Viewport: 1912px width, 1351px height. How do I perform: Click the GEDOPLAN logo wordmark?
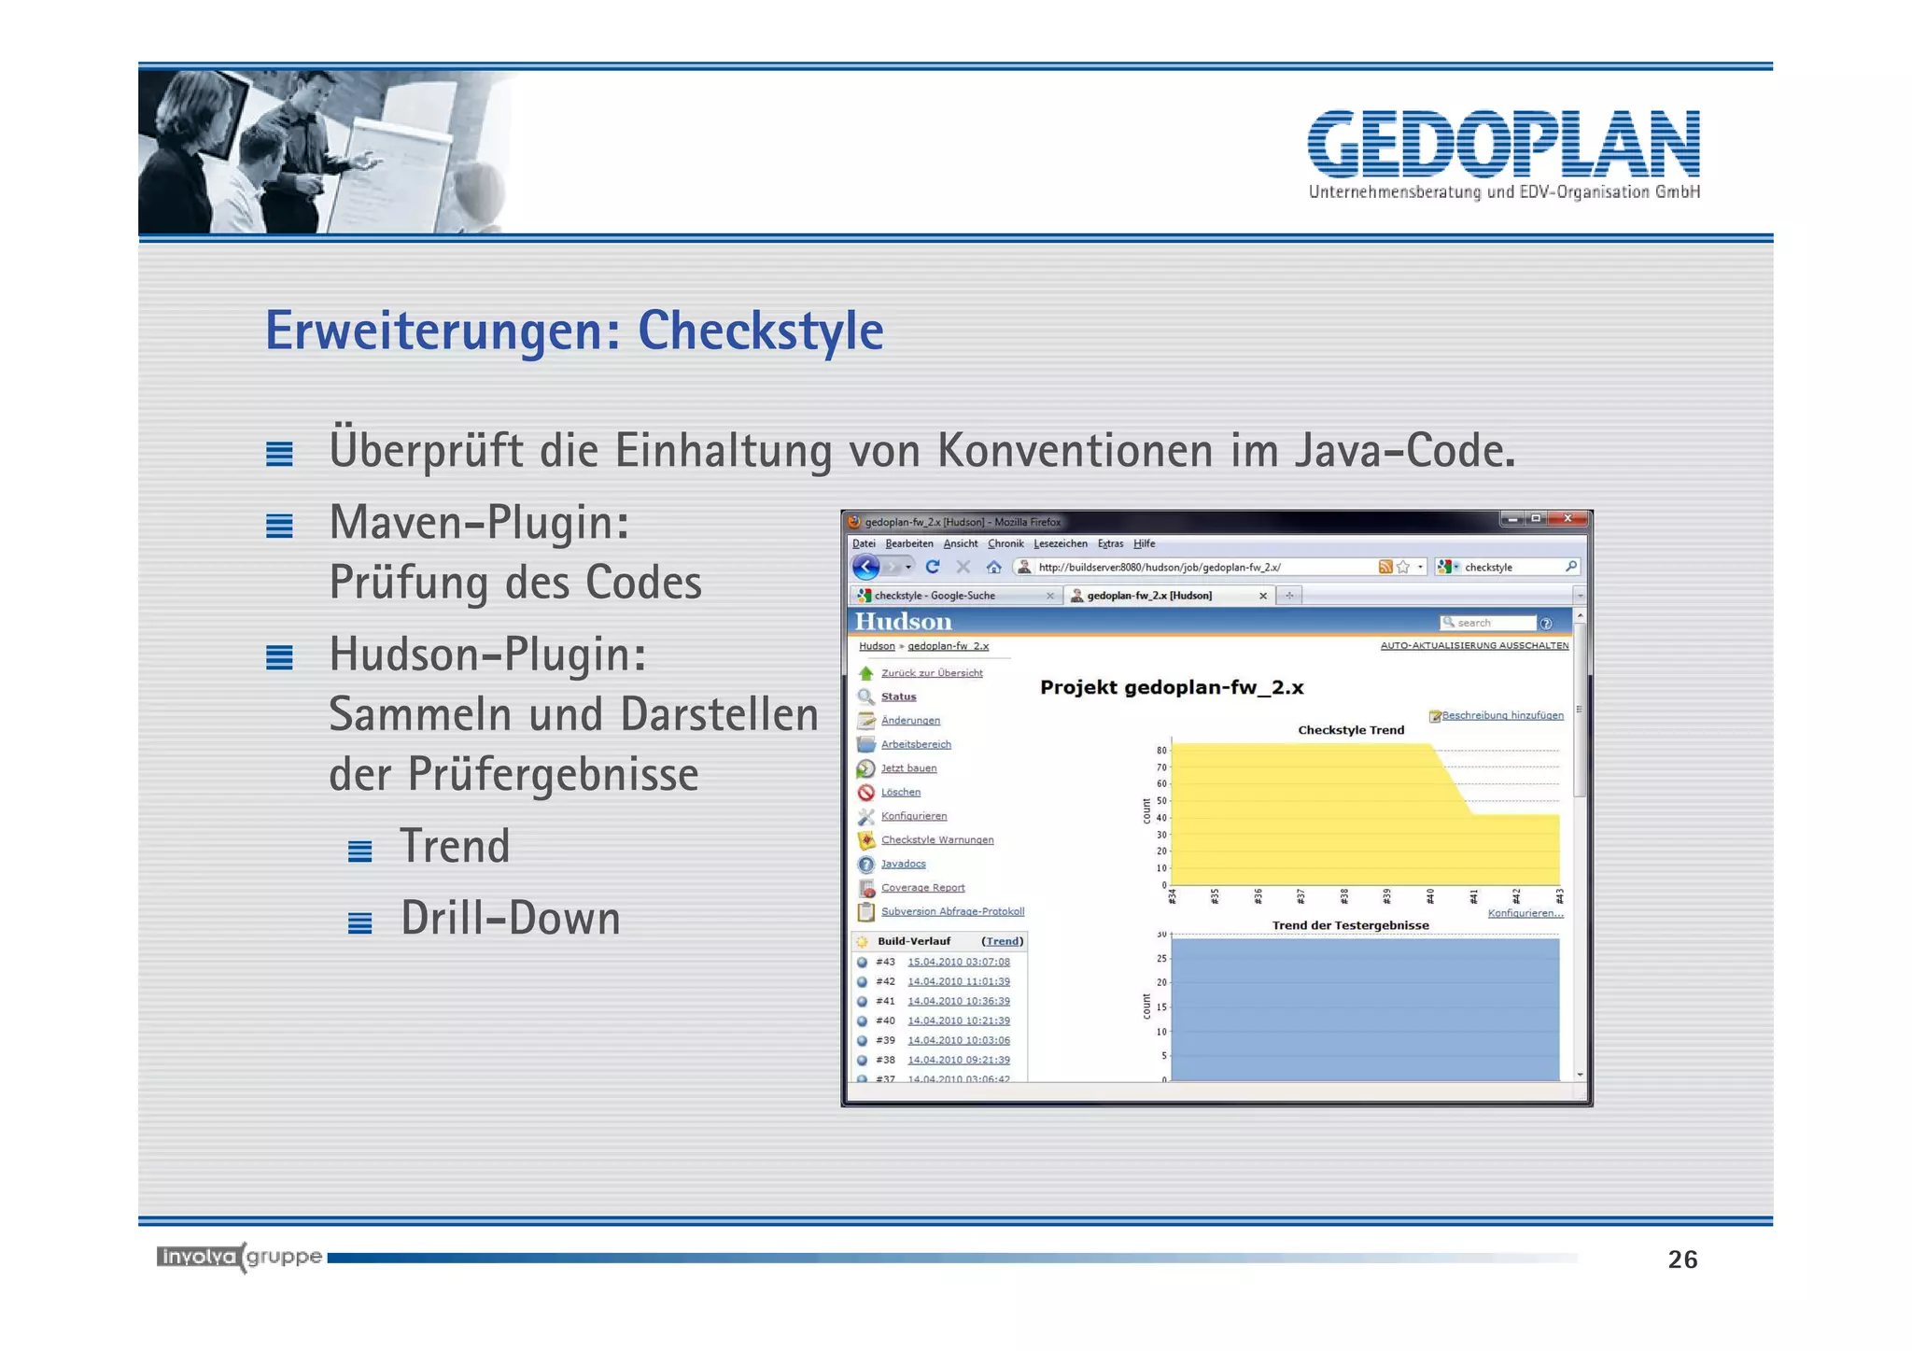pos(1503,145)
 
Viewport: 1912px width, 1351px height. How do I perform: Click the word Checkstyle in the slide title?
pos(760,331)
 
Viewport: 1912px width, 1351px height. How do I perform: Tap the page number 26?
pos(1682,1260)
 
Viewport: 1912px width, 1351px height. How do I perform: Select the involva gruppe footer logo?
pos(239,1257)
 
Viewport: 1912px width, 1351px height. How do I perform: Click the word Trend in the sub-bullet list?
pos(455,847)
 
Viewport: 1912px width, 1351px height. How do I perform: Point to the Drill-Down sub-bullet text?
pos(511,919)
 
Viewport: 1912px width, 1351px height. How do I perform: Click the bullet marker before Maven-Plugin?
pos(279,527)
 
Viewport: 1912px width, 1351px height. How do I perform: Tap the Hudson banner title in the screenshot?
pos(903,622)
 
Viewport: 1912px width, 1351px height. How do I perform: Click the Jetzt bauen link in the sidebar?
pos(908,768)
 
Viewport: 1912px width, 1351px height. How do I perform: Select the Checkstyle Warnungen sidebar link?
pos(936,840)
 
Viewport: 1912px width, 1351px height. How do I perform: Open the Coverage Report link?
pos(922,888)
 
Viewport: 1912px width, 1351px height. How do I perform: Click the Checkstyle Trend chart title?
pos(1350,730)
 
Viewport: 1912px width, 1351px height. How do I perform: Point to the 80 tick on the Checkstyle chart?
pos(1161,751)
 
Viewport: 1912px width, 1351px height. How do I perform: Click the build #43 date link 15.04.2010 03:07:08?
pos(958,962)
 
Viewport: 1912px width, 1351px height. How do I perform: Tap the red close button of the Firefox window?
pos(1568,519)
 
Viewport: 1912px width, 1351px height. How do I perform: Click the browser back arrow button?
pos(866,567)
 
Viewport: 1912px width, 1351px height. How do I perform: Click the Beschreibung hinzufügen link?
pos(1501,716)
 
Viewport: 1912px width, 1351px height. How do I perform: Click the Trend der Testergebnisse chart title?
pos(1350,925)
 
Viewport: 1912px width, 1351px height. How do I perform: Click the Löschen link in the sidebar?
pos(900,793)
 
